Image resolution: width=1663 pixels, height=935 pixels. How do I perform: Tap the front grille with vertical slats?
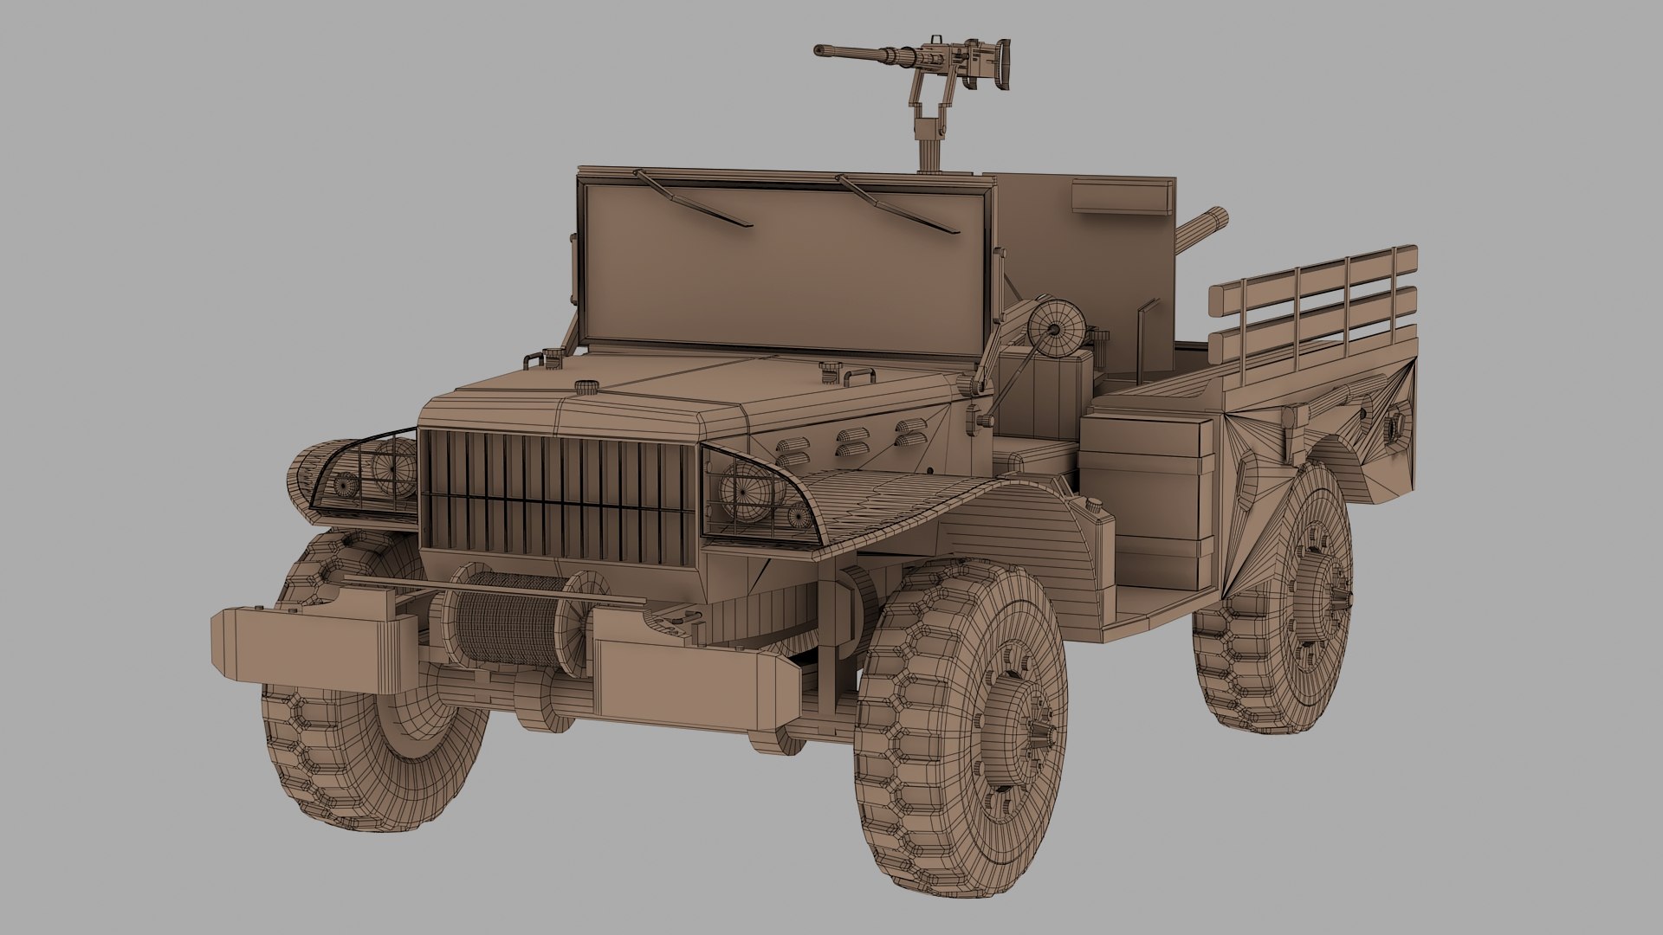coord(559,498)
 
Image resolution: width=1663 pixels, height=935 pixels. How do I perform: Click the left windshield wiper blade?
coord(693,198)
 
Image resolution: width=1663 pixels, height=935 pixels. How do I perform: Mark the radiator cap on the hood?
coord(587,387)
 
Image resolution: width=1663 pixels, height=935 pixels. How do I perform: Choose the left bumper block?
coord(312,646)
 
